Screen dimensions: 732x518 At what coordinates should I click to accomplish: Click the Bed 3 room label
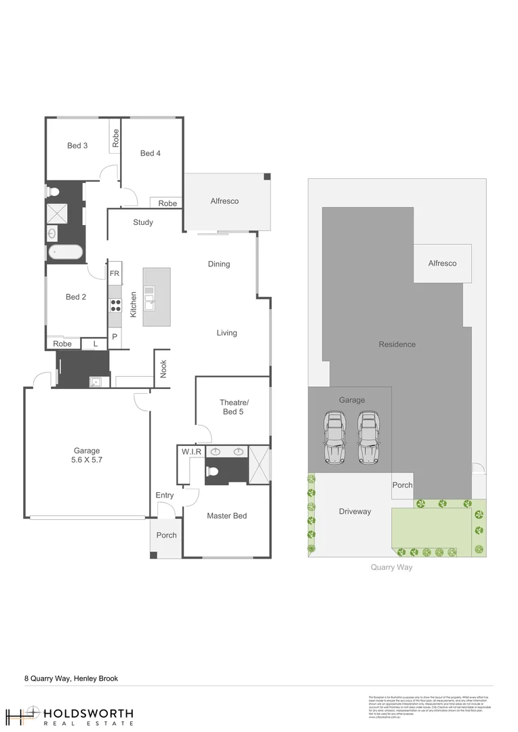(77, 146)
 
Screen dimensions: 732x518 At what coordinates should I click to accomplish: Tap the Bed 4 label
(151, 153)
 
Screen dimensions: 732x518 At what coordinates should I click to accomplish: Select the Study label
(143, 222)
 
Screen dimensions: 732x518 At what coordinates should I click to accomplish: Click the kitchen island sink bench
(156, 297)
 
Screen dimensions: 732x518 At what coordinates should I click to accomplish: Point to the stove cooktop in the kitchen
(115, 305)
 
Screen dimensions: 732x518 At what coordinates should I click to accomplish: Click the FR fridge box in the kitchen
(115, 273)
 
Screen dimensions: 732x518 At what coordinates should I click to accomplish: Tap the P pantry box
(115, 337)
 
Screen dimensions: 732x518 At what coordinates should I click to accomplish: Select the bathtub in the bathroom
(64, 253)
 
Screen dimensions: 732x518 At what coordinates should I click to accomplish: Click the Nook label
(163, 369)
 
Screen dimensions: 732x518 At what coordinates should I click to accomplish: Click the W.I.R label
(189, 451)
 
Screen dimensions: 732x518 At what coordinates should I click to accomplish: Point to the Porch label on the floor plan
(166, 535)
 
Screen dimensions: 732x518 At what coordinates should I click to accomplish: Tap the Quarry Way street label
(391, 567)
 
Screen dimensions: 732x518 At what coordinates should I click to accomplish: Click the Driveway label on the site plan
(355, 511)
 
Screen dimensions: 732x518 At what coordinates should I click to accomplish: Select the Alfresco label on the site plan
(442, 263)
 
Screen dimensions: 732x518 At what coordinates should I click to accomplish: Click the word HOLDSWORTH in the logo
(88, 714)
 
